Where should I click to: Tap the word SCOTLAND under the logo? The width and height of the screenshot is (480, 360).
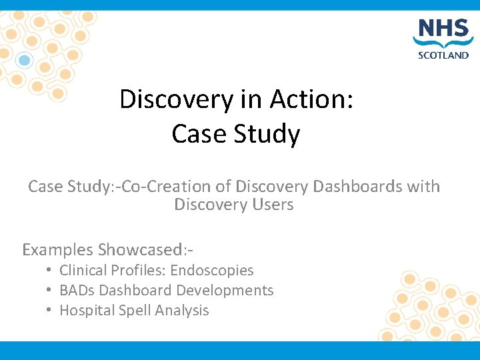point(443,55)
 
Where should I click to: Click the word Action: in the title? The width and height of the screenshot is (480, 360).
point(311,100)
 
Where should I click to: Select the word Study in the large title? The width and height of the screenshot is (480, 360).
point(271,134)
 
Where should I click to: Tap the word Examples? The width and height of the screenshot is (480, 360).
point(57,250)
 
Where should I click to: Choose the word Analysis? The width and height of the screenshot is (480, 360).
point(182,311)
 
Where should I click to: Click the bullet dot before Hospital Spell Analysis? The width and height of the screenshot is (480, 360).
point(49,311)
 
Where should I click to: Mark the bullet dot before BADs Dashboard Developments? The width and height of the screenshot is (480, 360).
point(49,291)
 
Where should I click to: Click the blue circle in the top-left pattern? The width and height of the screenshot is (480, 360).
point(25,61)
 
